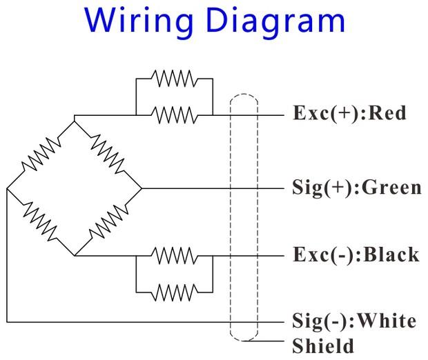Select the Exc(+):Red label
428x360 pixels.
(349, 113)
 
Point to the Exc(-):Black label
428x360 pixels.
(356, 254)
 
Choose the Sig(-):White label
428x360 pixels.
(354, 321)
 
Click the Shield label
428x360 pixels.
(323, 345)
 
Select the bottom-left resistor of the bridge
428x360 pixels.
(41, 221)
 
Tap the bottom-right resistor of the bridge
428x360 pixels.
(107, 221)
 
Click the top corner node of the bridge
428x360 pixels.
(74, 119)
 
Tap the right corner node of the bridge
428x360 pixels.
(141, 188)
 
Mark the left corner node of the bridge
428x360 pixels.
(7, 188)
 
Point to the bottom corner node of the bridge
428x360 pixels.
(74, 255)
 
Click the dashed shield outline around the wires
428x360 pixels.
(230, 207)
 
